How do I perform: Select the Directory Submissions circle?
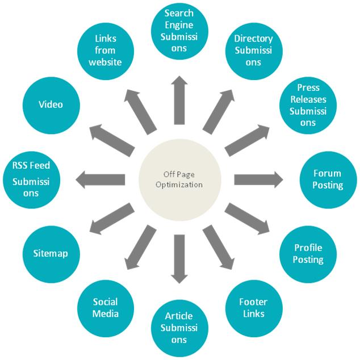click(x=253, y=49)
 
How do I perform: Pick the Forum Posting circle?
click(x=328, y=179)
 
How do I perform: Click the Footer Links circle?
click(x=253, y=307)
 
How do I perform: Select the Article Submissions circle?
click(x=180, y=328)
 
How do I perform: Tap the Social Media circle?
click(x=106, y=307)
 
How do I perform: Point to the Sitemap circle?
click(x=51, y=253)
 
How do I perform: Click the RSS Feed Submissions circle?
click(x=32, y=179)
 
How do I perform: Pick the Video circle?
click(x=51, y=105)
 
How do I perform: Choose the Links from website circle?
click(x=106, y=49)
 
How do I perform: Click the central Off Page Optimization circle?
click(x=179, y=179)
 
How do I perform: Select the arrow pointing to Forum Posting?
click(x=258, y=179)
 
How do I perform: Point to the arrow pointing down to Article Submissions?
click(x=180, y=258)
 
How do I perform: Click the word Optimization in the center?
click(x=179, y=185)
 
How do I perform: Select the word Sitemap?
click(x=51, y=253)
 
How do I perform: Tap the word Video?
click(x=51, y=105)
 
